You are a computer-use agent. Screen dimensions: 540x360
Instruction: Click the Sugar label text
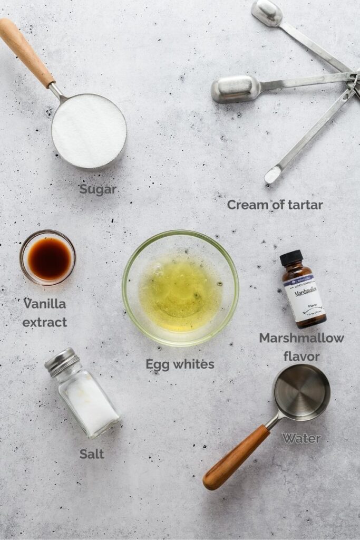pos(98,189)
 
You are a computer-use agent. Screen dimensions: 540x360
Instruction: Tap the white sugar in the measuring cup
pos(89,130)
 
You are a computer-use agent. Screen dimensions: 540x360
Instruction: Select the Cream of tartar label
pos(275,205)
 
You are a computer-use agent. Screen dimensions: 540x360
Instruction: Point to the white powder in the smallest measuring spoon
pos(273,175)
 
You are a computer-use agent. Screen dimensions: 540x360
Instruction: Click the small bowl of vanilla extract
pos(48,258)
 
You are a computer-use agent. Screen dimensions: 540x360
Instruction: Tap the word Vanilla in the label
pos(45,304)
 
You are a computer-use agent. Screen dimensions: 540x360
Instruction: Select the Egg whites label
pos(180,364)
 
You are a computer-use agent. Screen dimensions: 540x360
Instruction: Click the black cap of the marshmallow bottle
pos(291,257)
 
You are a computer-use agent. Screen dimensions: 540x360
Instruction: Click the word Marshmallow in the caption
pos(301,338)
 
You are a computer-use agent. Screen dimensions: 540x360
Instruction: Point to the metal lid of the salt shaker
pos(62,362)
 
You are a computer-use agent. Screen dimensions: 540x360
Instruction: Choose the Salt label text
pos(92,454)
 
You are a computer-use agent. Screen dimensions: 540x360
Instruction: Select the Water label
pos(301,438)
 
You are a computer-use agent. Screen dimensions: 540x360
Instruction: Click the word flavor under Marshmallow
pos(301,357)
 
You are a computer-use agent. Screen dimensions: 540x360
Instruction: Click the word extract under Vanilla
pos(45,322)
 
